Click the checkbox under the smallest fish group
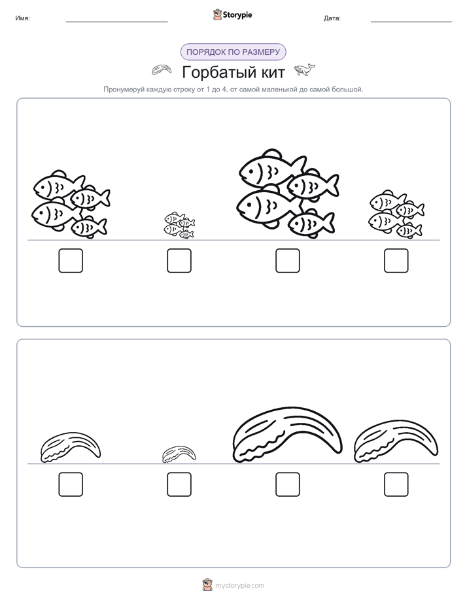179,261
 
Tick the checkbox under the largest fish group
288,261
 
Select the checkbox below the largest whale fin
288,484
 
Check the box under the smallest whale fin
179,484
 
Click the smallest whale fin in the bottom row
179,454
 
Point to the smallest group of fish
179,225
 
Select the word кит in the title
271,73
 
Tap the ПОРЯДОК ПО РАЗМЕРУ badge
233,52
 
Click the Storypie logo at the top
232,14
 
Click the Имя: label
23,18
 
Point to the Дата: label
332,18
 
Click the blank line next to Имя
116,22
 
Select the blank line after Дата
411,22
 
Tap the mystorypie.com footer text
239,586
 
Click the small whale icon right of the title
304,70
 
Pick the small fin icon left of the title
162,70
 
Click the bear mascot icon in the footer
207,585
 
